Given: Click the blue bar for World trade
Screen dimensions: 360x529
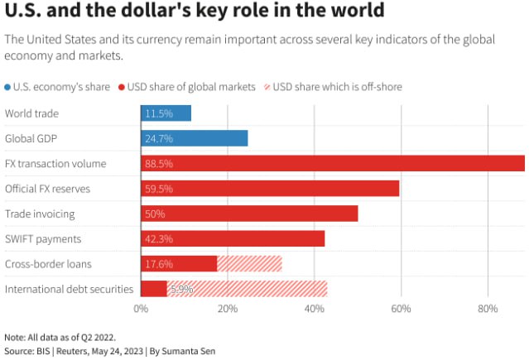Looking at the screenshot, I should coord(166,113).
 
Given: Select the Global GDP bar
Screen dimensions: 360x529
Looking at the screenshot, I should coord(194,138).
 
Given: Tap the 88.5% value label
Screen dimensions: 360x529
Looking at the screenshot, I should coord(158,164).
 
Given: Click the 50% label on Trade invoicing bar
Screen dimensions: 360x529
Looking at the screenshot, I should coord(155,214).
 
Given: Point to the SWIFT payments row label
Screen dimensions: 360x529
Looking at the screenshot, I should coord(43,239).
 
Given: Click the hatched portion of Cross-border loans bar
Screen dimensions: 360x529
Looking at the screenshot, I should coord(249,264).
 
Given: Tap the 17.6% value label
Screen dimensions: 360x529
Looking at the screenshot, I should coord(158,264).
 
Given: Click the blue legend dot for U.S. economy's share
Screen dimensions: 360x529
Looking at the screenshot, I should coord(8,87).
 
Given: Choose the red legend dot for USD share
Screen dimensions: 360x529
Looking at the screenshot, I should coord(121,87).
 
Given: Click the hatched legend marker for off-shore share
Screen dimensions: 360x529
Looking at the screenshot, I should coord(266,87).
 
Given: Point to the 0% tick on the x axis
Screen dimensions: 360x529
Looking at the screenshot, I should coord(141,309).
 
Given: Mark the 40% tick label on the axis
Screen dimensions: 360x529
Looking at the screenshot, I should coord(314,309).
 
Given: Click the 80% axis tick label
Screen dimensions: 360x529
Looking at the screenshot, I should coord(488,309).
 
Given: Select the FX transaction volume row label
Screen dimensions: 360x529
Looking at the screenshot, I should coord(55,164).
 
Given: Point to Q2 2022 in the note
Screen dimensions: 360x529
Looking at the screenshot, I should coord(95,338).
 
